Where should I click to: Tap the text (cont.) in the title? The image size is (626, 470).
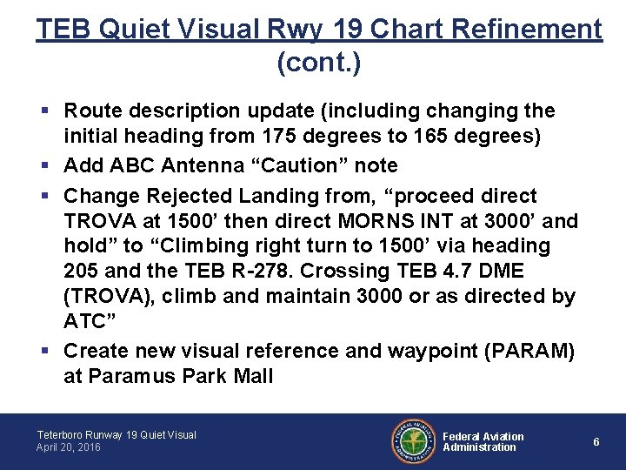[x=318, y=62]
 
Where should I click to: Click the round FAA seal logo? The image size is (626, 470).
[x=411, y=440]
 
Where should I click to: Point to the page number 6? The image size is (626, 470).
[x=596, y=442]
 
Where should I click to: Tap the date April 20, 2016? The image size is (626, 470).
[x=69, y=447]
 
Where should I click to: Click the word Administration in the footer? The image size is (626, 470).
[x=479, y=447]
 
